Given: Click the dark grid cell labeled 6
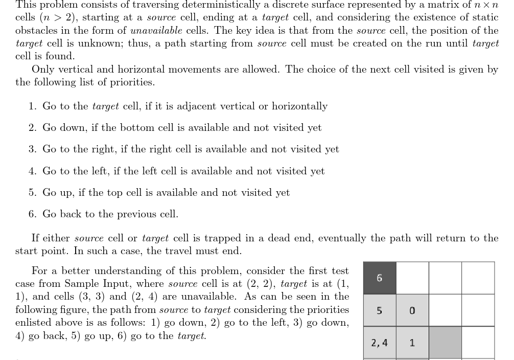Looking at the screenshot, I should click(x=379, y=278).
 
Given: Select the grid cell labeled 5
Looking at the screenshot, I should click(x=379, y=310).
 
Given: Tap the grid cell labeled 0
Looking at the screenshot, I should click(x=412, y=310).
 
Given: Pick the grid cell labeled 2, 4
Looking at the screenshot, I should click(x=379, y=343).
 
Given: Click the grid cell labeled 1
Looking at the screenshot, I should click(x=412, y=343).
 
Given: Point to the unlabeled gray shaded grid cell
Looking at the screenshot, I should click(x=445, y=343).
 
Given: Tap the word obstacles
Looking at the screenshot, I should click(x=39, y=31).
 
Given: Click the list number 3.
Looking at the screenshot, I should click(x=32, y=149).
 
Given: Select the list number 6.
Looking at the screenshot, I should click(x=32, y=214).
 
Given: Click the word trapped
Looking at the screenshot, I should click(x=221, y=238).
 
